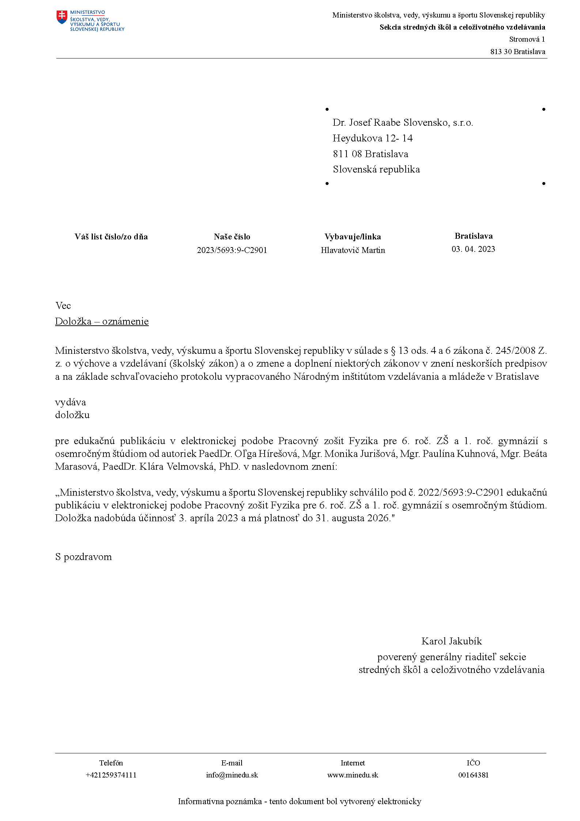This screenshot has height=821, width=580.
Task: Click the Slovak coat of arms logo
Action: (x=62, y=17)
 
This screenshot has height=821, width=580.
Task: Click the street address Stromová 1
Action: (x=527, y=39)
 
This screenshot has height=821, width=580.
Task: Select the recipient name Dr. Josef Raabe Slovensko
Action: (x=402, y=122)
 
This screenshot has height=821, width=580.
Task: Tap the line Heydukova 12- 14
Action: (x=372, y=138)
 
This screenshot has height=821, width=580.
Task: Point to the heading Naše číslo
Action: (x=232, y=237)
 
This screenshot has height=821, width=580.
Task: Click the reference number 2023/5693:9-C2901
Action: (x=232, y=250)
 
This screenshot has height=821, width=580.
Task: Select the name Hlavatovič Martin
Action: (x=353, y=250)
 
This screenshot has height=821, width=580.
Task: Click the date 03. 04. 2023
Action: (x=473, y=249)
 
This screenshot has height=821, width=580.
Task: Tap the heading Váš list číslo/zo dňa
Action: (x=111, y=237)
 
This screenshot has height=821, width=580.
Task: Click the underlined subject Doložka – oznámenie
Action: (x=102, y=321)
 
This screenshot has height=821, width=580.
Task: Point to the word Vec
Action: (x=63, y=306)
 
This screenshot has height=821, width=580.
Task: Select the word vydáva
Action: (x=71, y=402)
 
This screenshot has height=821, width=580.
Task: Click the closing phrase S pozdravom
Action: (x=83, y=557)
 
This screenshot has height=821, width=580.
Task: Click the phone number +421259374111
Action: (x=111, y=775)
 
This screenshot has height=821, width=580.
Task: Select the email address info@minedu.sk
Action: (x=232, y=775)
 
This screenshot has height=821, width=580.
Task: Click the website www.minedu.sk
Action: (x=353, y=775)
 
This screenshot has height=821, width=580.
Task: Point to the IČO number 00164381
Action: (x=473, y=775)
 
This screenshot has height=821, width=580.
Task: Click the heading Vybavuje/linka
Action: (x=353, y=237)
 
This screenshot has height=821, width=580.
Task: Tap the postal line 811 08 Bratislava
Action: (x=370, y=154)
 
